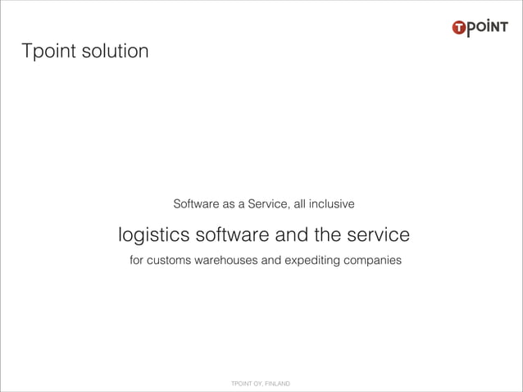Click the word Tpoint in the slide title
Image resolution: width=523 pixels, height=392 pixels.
coord(50,53)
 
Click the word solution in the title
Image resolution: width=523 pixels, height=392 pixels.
coord(116,52)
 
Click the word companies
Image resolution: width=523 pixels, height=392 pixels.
coord(373,262)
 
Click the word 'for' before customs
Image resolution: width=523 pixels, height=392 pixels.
coord(138,262)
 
